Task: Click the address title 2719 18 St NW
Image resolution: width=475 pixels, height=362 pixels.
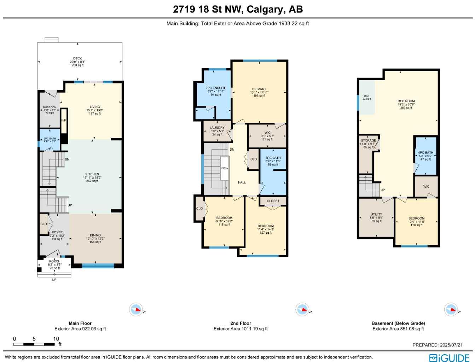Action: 238,9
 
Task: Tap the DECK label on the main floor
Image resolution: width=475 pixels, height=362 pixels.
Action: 77,59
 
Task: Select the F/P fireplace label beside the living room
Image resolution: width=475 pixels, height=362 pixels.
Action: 64,121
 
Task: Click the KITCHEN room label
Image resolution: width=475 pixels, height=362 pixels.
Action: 92,174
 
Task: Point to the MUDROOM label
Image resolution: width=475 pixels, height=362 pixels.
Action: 50,107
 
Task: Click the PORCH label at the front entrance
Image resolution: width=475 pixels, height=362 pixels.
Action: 55,262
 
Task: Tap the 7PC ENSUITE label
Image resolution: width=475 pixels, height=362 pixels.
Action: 216,88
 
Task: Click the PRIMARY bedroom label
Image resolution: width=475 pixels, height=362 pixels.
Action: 259,89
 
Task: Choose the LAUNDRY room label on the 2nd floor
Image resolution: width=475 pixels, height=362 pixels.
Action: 217,128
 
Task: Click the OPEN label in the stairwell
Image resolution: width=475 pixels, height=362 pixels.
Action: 225,168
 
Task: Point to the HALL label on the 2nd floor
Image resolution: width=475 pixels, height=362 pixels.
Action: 242,182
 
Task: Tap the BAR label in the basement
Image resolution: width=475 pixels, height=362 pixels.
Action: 367,96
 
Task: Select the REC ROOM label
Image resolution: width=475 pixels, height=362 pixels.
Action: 406,101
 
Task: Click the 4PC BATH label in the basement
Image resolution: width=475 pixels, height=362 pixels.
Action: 425,153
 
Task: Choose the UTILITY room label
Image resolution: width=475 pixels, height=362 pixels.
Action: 376,215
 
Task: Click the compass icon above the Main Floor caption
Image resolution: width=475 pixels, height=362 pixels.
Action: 136,310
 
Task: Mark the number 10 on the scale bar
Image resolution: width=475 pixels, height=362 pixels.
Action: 56,339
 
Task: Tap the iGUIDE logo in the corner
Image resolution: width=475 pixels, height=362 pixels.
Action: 449,357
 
